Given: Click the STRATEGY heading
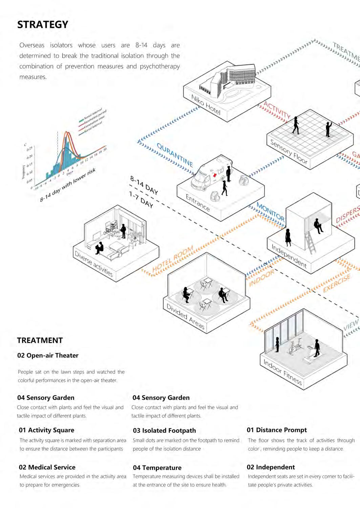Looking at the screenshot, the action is pyautogui.click(x=43, y=25).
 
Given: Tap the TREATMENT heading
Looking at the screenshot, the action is pyautogui.click(x=40, y=340).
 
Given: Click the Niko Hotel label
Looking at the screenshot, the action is pyautogui.click(x=206, y=104).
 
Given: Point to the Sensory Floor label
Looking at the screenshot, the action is pyautogui.click(x=289, y=152).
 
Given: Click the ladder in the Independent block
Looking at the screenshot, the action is pyautogui.click(x=311, y=242).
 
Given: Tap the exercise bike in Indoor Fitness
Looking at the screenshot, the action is pyautogui.click(x=294, y=347).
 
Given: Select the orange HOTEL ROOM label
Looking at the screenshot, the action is pyautogui.click(x=173, y=259).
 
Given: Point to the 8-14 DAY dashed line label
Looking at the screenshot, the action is pyautogui.click(x=144, y=185).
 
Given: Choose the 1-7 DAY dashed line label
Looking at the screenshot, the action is pyautogui.click(x=141, y=199).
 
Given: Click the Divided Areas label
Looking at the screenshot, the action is pyautogui.click(x=185, y=316).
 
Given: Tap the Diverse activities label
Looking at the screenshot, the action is pyautogui.click(x=93, y=263).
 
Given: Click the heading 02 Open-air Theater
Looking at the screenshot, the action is pyautogui.click(x=48, y=355).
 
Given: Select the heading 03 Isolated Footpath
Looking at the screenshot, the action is pyautogui.click(x=164, y=430).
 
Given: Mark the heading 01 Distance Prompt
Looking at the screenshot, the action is pyautogui.click(x=277, y=430).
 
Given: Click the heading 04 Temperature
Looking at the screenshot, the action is pyautogui.click(x=157, y=468).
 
